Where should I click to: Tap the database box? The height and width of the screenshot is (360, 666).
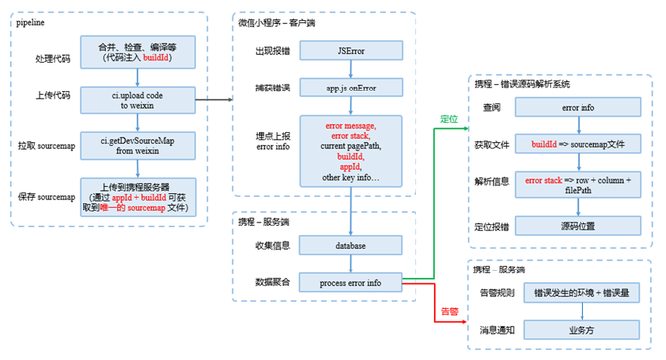pyautogui.click(x=349, y=244)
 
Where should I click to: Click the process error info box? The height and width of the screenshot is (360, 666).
pyautogui.click(x=349, y=283)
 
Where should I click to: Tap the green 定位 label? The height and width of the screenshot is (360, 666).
pyautogui.click(x=449, y=120)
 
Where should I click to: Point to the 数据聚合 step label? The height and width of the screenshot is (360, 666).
pyautogui.click(x=270, y=283)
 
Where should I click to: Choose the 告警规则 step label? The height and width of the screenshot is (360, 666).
pyautogui.click(x=499, y=294)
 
